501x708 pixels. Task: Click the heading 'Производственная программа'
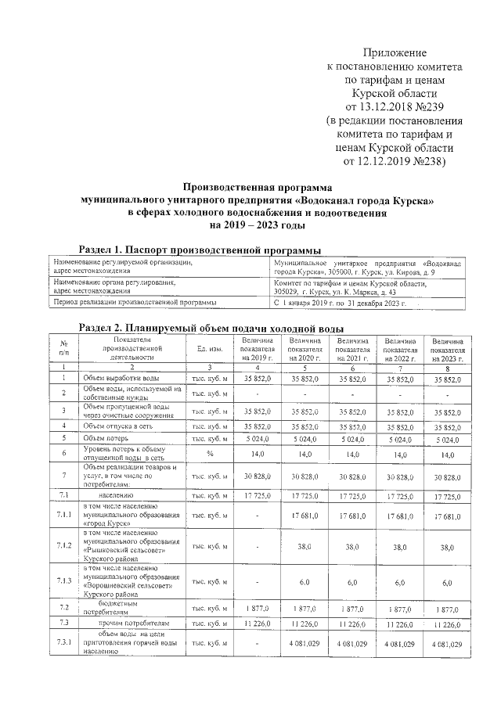tap(258, 188)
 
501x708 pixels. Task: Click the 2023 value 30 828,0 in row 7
tap(447, 476)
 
